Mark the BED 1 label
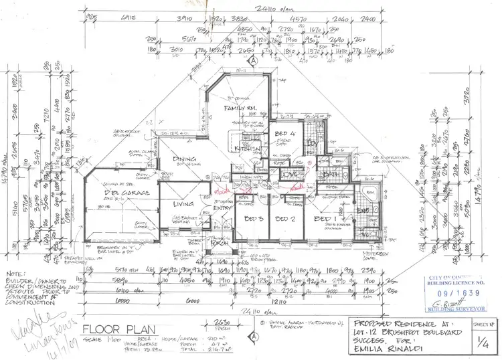point(326,219)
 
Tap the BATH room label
point(329,175)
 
